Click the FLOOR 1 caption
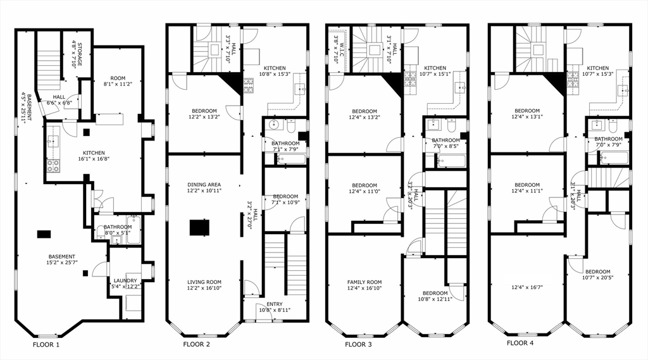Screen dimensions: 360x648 point(46,345)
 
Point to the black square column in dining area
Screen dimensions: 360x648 point(199,227)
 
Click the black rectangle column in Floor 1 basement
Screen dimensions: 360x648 point(44,234)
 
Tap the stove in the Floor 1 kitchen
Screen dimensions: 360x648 point(53,166)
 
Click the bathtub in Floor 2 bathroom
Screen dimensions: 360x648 point(290,159)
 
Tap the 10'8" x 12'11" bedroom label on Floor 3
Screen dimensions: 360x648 point(435,296)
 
